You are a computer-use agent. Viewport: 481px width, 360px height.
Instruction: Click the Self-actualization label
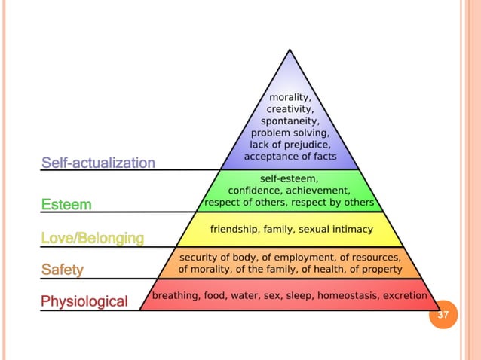[x=98, y=163]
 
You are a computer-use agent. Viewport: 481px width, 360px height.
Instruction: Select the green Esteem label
[x=66, y=204]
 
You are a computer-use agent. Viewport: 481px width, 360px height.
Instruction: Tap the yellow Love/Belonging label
[x=92, y=239]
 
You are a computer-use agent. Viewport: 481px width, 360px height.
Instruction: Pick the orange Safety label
[x=63, y=269]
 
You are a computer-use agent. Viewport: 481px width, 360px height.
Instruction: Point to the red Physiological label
[x=84, y=302]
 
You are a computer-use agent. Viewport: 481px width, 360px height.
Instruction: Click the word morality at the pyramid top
[x=290, y=96]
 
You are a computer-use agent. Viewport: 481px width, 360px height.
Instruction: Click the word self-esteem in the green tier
[x=289, y=179]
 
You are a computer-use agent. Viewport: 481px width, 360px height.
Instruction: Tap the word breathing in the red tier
[x=177, y=296]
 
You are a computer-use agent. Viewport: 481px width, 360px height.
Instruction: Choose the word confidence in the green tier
[x=259, y=191]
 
